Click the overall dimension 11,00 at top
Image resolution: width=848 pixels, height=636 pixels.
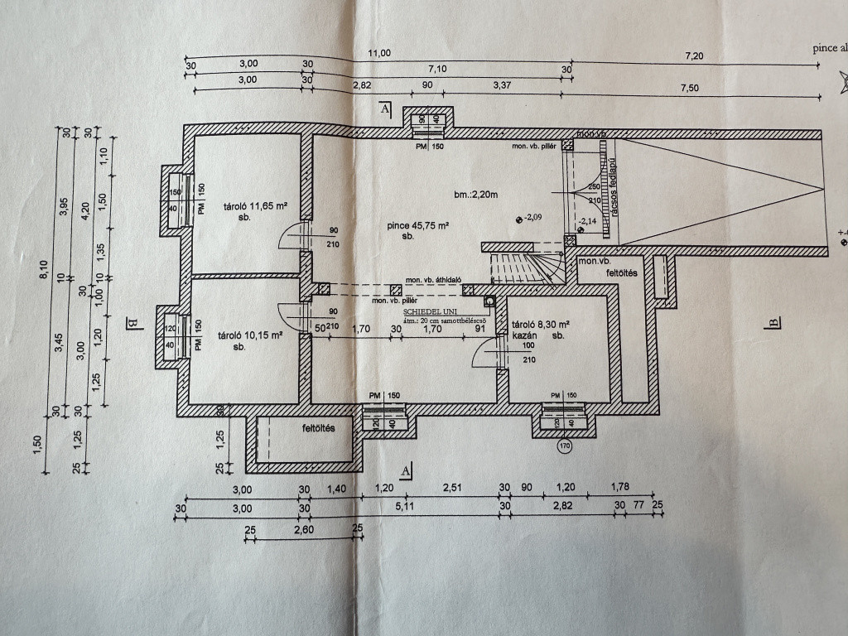coord(379,54)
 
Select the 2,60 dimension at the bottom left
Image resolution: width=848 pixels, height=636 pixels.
coord(301,528)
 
